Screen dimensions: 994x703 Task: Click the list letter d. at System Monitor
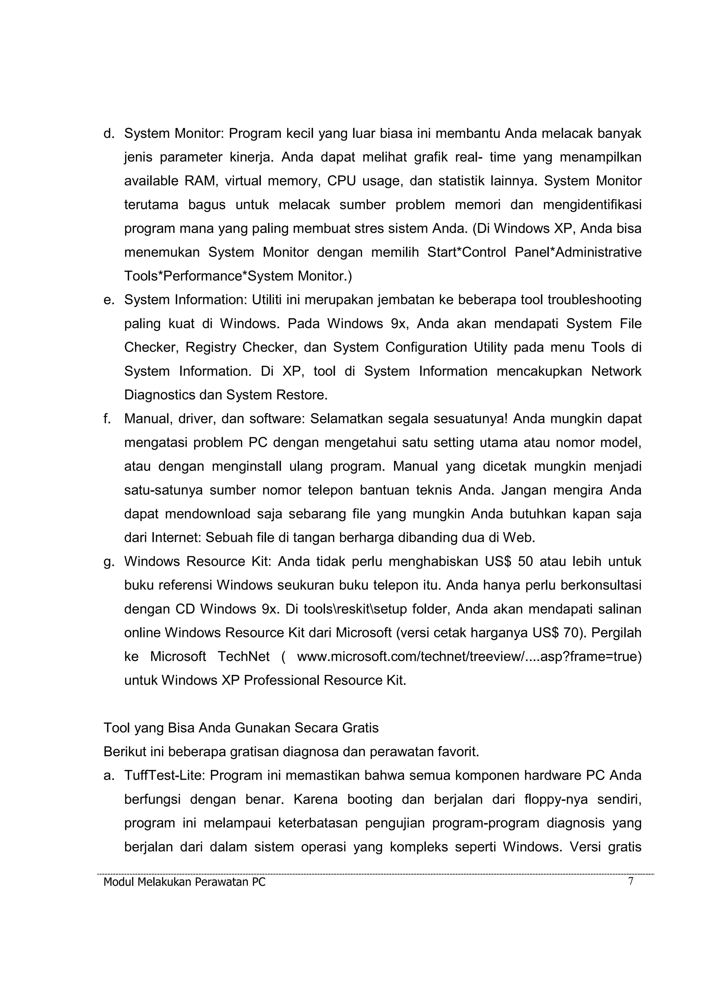pyautogui.click(x=109, y=134)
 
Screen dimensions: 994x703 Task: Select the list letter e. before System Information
pyautogui.click(x=109, y=300)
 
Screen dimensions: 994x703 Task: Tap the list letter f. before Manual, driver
pyautogui.click(x=107, y=419)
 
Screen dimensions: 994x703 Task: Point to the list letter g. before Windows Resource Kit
pyautogui.click(x=109, y=561)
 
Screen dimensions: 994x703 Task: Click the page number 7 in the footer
pyautogui.click(x=631, y=881)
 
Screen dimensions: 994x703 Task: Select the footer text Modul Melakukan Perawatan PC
pyautogui.click(x=185, y=882)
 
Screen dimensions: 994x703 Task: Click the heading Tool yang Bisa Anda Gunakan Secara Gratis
pyautogui.click(x=241, y=728)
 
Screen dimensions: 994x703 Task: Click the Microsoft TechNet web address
pyautogui.click(x=469, y=657)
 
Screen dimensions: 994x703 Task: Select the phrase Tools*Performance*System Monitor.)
pyautogui.click(x=238, y=276)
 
